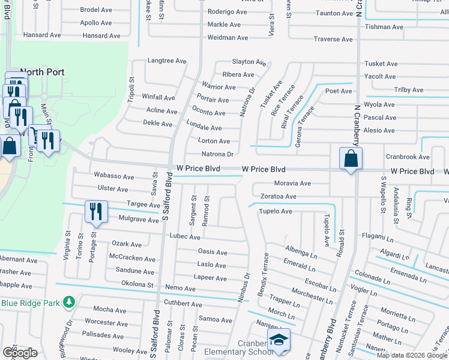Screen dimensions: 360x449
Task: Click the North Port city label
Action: (42, 71)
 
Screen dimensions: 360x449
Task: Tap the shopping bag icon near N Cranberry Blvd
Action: (349, 159)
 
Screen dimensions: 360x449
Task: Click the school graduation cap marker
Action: (279, 340)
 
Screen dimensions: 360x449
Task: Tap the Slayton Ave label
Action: (249, 62)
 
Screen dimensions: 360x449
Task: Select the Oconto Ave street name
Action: (208, 113)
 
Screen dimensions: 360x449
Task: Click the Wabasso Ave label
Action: (114, 176)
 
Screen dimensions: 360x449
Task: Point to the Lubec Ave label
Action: (185, 237)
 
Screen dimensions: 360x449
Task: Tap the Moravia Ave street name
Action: (292, 183)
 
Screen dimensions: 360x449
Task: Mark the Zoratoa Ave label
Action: (279, 196)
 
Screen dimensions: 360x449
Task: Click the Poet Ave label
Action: (339, 91)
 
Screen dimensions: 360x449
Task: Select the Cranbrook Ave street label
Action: (408, 157)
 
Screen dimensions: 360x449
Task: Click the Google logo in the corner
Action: (20, 352)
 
